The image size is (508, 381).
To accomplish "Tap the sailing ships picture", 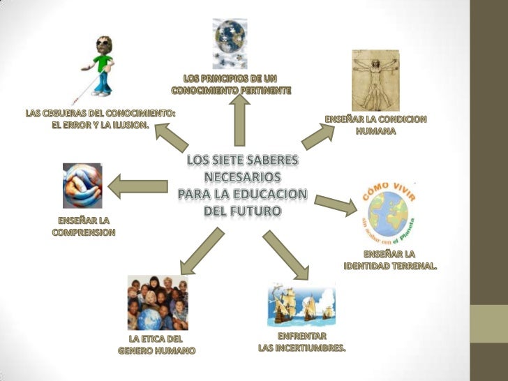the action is point(300,304).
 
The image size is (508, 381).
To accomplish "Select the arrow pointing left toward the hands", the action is point(138,186).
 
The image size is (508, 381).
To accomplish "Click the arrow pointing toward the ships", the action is point(286,254).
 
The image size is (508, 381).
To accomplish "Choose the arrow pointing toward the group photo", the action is point(200,251).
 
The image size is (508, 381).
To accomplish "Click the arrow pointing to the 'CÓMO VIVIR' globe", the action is point(335,203).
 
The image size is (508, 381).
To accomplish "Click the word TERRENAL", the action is point(414,267).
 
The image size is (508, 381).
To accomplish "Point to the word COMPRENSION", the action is point(83,233).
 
